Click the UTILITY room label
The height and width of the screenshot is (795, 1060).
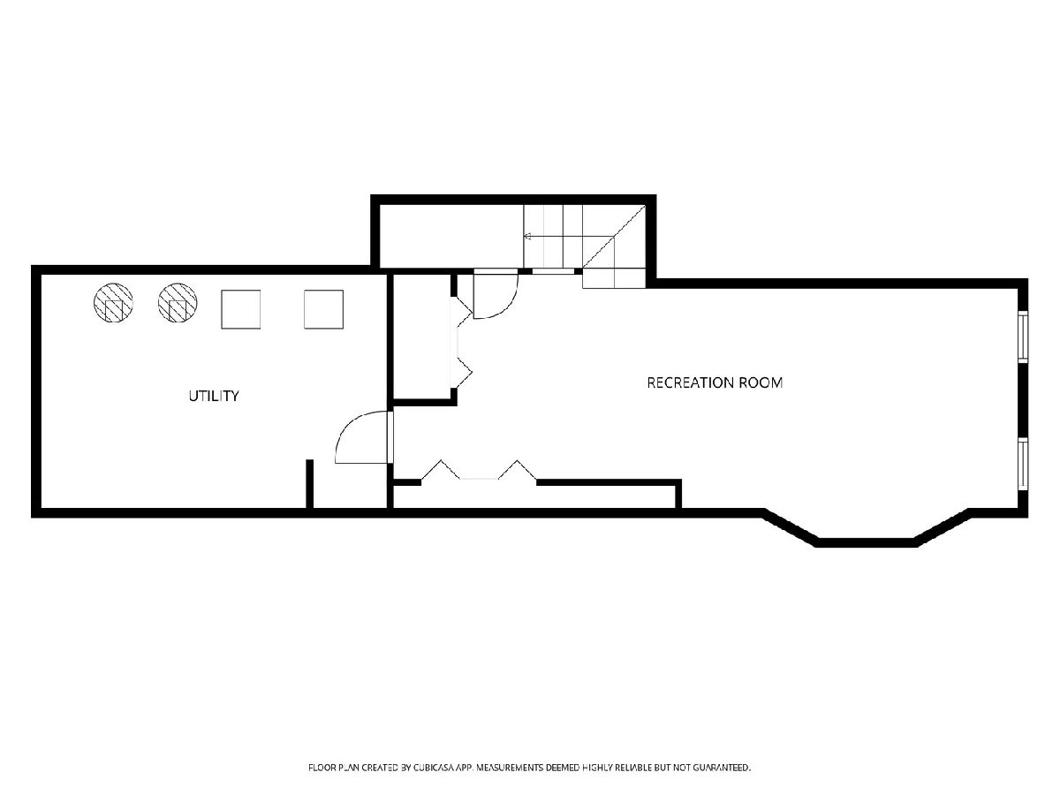tap(214, 396)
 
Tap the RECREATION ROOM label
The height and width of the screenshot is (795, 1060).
tap(715, 382)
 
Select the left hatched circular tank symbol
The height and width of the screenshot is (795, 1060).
tap(113, 303)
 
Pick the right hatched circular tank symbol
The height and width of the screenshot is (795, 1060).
tap(178, 303)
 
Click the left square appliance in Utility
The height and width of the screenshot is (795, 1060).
tap(240, 309)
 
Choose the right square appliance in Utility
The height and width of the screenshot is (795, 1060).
tap(323, 309)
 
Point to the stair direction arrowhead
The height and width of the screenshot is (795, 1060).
tap(527, 237)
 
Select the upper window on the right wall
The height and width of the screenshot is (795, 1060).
tap(1023, 337)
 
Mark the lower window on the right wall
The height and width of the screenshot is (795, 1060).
tap(1023, 465)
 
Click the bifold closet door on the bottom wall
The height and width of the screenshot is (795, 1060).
tap(479, 471)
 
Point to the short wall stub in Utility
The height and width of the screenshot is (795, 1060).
tap(309, 484)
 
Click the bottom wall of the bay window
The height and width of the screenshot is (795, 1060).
tap(866, 542)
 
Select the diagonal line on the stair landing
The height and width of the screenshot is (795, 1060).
tap(614, 237)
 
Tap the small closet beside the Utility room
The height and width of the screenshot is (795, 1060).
tap(422, 337)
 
